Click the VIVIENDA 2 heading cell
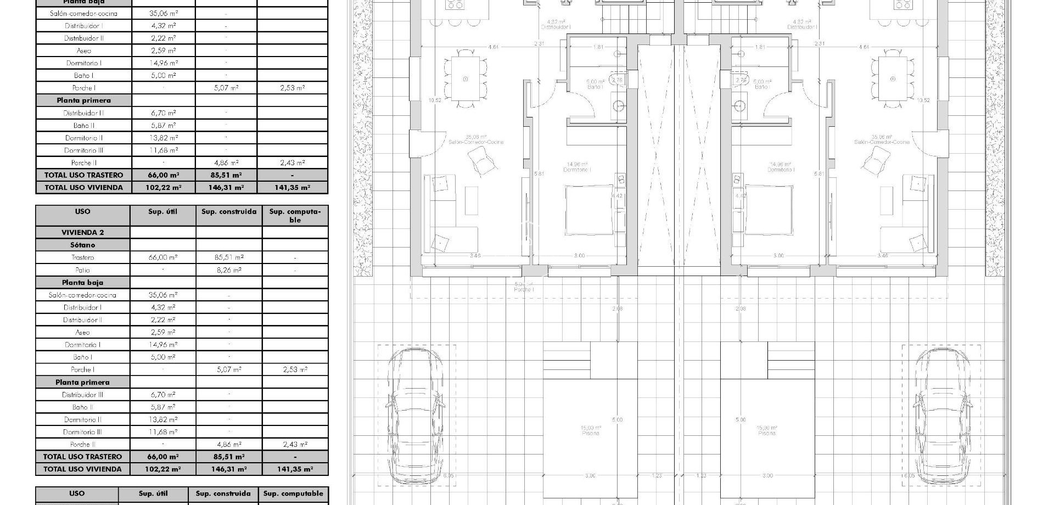pyautogui.click(x=82, y=232)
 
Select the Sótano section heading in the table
pyautogui.click(x=82, y=245)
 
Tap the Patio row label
pyautogui.click(x=82, y=270)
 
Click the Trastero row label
pyautogui.click(x=82, y=257)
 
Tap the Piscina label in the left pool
pyautogui.click(x=590, y=433)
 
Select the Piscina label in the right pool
pyautogui.click(x=767, y=433)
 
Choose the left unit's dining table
pyautogui.click(x=466, y=78)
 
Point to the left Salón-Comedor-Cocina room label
pyautogui.click(x=476, y=142)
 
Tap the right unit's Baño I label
pyautogui.click(x=761, y=87)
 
